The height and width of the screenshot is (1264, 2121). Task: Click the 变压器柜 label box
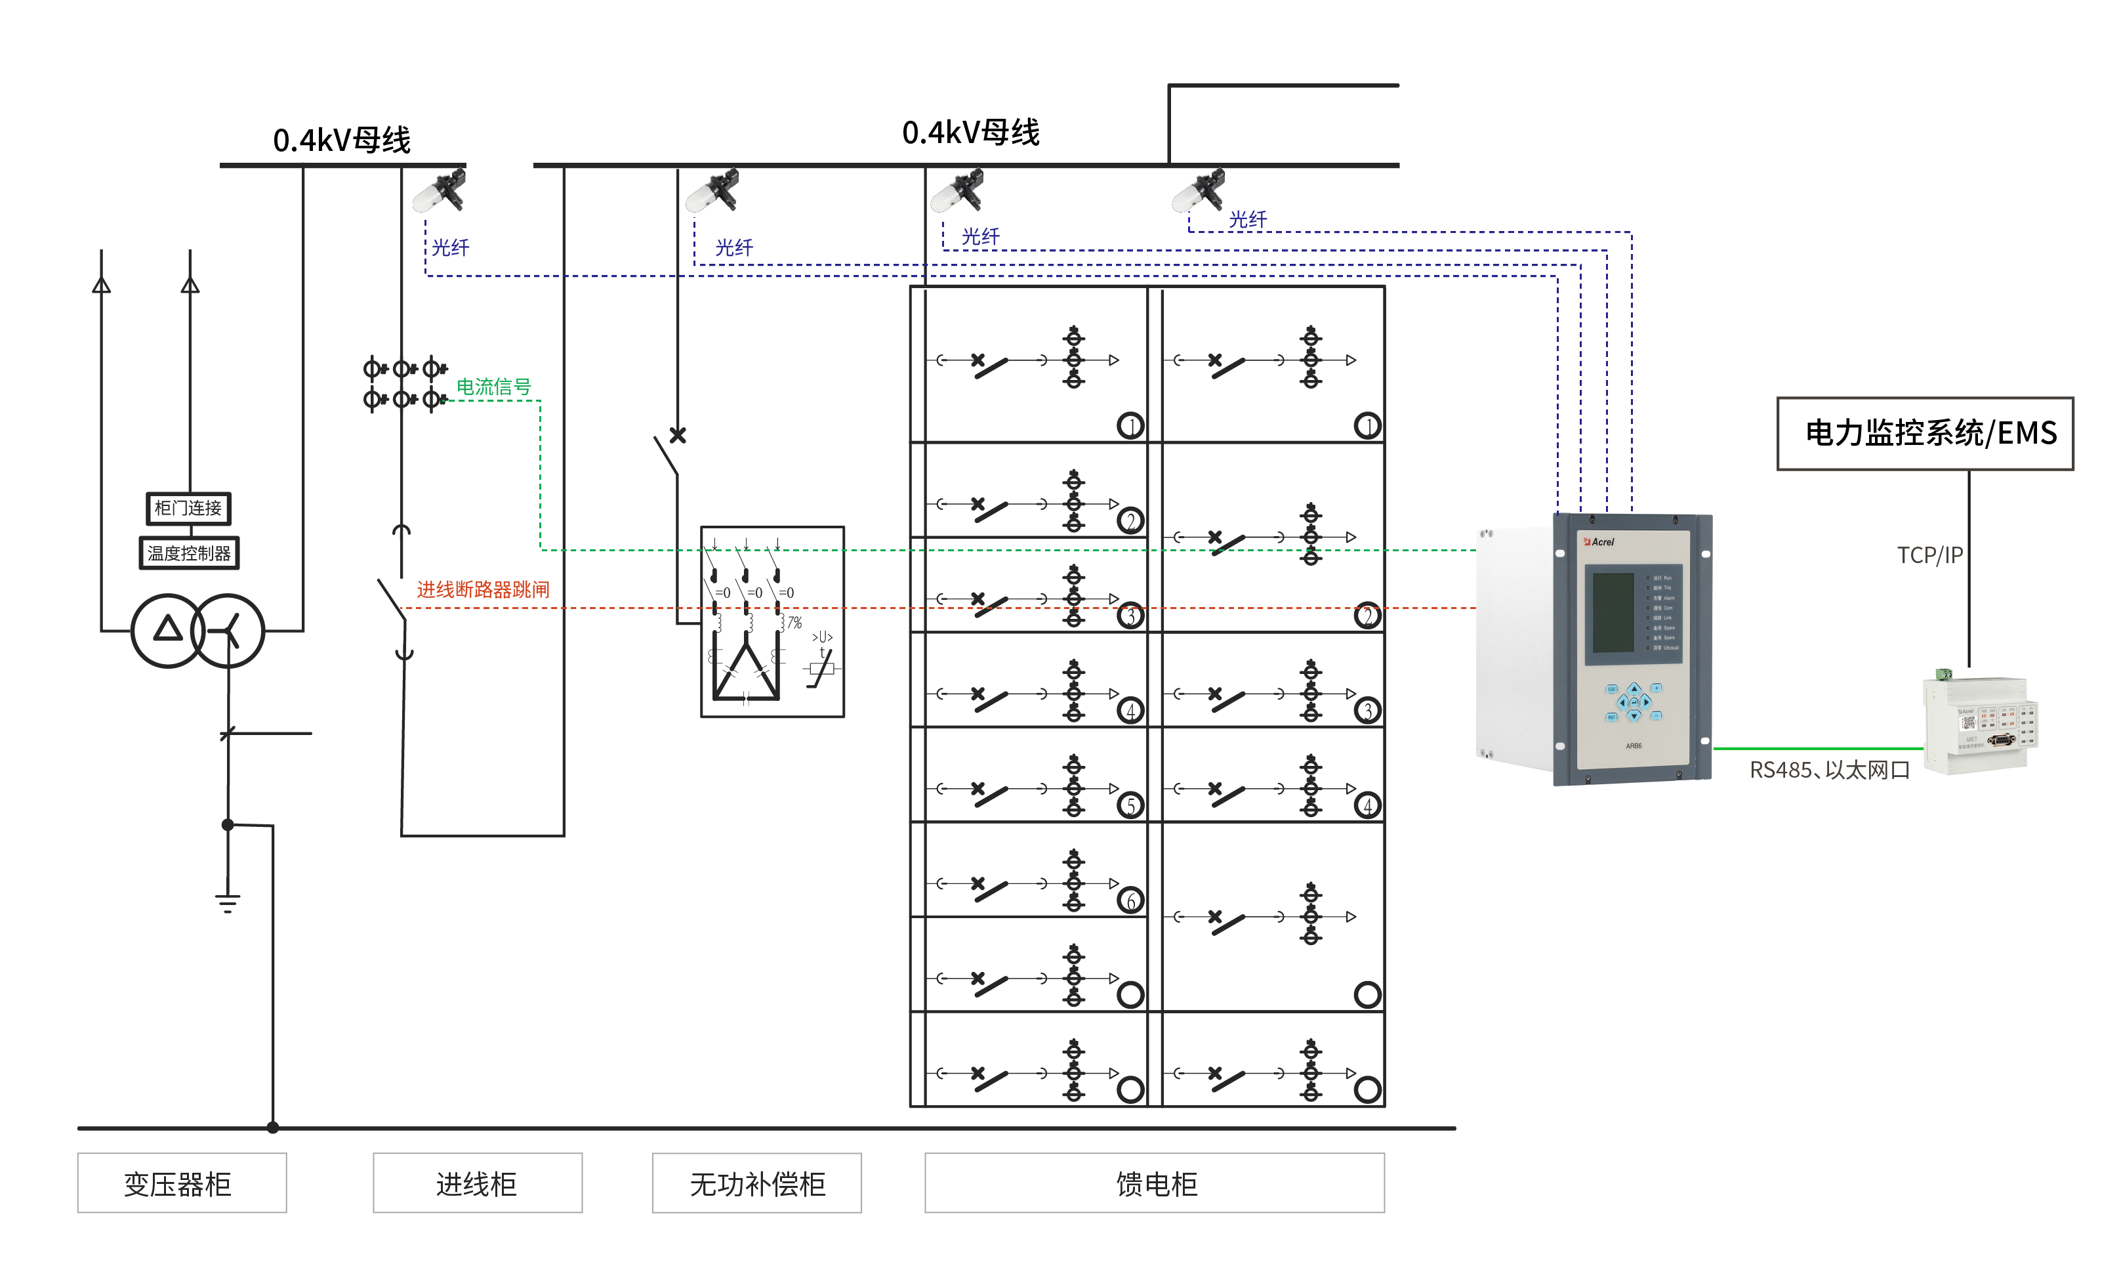point(181,1183)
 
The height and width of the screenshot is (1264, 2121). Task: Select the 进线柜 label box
point(477,1183)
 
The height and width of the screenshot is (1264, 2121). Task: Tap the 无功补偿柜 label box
point(756,1183)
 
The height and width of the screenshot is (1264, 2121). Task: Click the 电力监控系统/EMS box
point(1924,434)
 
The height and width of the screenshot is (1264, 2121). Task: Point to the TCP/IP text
point(1929,555)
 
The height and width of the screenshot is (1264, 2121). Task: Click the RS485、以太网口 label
point(1829,770)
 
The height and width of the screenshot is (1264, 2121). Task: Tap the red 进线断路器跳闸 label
point(483,589)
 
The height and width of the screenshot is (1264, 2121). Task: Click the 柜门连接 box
point(188,509)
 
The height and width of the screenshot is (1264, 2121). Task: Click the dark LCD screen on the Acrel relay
point(1613,612)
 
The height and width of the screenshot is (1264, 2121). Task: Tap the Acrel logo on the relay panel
point(1598,541)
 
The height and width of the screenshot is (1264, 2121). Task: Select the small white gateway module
point(1979,723)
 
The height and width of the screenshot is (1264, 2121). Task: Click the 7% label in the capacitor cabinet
point(794,623)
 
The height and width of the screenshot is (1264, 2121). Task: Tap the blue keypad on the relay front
point(1633,702)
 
